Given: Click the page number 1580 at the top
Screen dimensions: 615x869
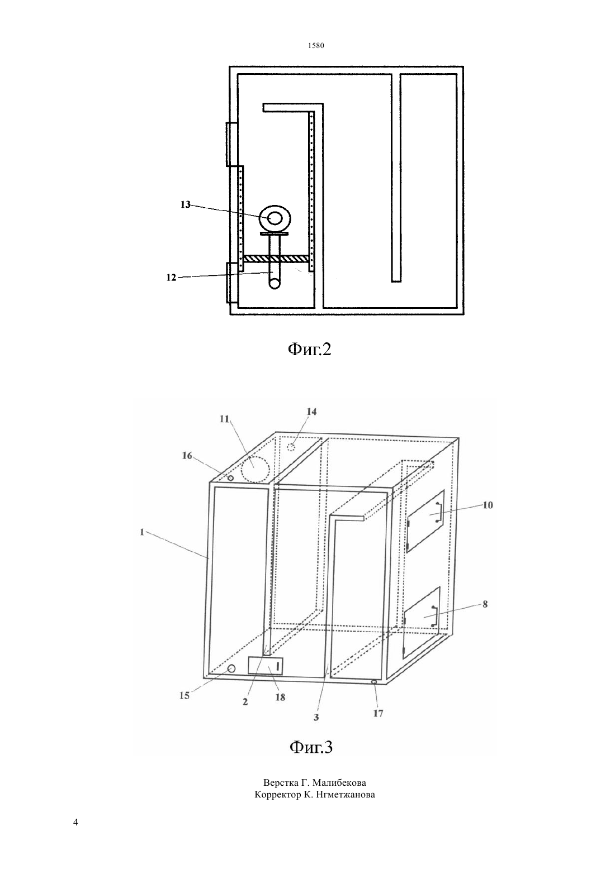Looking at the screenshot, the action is pos(316,46).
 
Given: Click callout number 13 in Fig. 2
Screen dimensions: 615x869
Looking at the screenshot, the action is pos(185,204).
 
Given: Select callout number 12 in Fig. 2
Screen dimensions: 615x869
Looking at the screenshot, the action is pos(171,278).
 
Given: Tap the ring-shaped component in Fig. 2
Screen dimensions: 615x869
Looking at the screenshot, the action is pos(275,219).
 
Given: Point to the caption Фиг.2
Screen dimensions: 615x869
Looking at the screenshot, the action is pos(309,350).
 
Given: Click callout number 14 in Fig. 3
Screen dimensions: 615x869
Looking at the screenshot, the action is pos(312,412).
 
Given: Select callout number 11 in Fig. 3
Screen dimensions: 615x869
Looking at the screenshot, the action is pos(224,419).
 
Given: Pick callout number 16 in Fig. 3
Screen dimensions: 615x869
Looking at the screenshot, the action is pos(187,456).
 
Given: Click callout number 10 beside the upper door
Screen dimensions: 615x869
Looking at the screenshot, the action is pos(488,505).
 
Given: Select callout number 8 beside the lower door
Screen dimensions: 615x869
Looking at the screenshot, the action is pos(485,604).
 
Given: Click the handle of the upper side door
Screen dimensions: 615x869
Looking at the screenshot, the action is pos(439,513).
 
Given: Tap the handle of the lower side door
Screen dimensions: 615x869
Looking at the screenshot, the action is pos(434,616).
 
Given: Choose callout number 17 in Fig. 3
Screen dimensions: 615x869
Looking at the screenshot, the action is pos(378,713).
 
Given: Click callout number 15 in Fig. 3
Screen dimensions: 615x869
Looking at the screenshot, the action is pos(184,695).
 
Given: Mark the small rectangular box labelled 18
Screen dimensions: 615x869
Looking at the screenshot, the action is pos(266,666).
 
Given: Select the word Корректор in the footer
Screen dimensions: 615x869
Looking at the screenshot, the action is pos(277,795).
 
